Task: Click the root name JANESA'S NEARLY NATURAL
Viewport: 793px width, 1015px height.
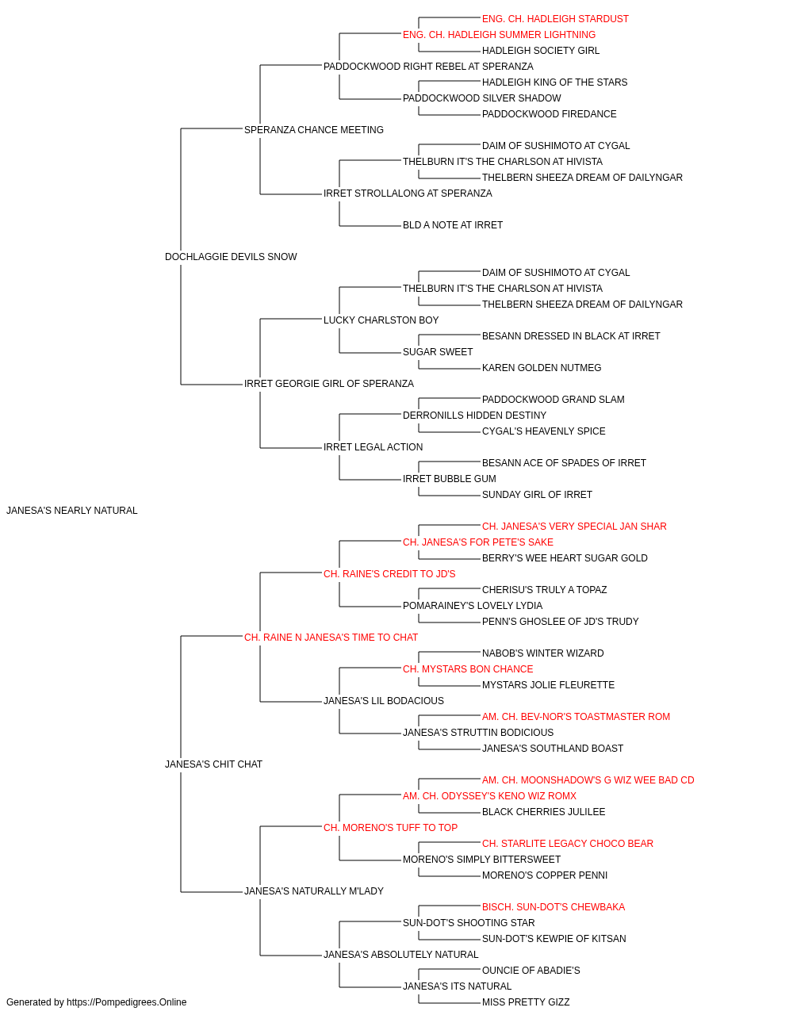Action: coord(72,511)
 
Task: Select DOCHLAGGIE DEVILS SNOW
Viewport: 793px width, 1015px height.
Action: coord(231,257)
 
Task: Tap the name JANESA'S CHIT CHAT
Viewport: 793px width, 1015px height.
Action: coord(213,764)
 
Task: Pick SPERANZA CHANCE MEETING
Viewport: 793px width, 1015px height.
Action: coord(314,130)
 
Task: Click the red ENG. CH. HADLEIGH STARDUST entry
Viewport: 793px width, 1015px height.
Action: coord(555,19)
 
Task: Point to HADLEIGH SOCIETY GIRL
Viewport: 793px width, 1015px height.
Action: coord(541,51)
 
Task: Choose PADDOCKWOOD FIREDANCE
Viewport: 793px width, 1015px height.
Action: coord(550,114)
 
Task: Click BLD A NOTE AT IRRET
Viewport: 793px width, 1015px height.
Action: coord(453,225)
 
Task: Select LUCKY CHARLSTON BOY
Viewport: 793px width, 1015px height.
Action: coord(381,320)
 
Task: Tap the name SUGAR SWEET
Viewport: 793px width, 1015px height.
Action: coord(438,352)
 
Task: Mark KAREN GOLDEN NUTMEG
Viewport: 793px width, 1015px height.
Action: coord(542,368)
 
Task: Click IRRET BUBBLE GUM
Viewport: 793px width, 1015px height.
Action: coord(450,479)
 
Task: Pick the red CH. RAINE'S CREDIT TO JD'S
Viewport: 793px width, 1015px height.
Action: coord(389,574)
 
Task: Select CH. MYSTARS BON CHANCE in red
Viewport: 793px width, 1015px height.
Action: coord(468,669)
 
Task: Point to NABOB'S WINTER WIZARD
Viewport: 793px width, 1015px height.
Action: coord(542,653)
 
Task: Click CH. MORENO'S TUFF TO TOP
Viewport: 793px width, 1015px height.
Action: coord(390,828)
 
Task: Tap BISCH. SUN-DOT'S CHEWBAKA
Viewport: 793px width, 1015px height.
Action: coord(554,907)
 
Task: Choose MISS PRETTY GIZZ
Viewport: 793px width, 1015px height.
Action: coord(526,1002)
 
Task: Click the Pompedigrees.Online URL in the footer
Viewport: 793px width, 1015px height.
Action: coord(127,1002)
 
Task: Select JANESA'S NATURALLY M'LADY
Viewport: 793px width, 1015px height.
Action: coord(314,891)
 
